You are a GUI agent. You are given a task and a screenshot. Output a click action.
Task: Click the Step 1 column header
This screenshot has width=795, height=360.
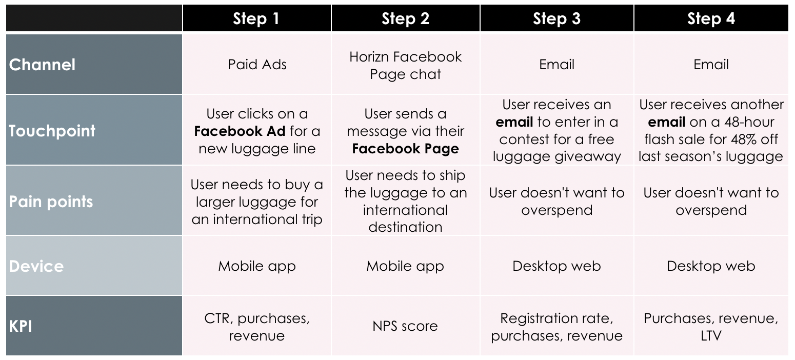point(256,18)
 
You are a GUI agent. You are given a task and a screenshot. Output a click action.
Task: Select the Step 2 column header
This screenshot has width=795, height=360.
point(405,18)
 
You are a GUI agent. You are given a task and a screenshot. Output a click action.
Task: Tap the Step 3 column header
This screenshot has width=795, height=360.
point(556,18)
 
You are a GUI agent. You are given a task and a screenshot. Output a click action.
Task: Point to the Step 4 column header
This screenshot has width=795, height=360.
point(711,18)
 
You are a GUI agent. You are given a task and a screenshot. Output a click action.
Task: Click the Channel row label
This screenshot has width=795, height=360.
point(42,65)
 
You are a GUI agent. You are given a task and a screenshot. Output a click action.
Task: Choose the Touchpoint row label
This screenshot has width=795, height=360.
point(52,131)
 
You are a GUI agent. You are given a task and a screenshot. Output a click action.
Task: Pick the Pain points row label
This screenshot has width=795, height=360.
point(51,202)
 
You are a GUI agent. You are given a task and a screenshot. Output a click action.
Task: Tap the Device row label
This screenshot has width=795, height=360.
point(36,266)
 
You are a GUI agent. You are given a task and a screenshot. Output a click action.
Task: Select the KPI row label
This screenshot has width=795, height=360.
point(21,326)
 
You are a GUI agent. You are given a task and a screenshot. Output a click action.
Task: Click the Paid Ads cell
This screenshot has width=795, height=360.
point(257,65)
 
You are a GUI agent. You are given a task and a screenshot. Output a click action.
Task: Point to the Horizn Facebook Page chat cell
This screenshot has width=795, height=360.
point(405,65)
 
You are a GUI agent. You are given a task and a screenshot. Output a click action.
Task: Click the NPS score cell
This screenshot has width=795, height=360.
point(405,326)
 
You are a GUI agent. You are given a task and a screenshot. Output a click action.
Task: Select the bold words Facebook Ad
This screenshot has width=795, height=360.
point(240,131)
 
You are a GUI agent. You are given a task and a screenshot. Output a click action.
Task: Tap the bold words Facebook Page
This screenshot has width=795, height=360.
point(405,149)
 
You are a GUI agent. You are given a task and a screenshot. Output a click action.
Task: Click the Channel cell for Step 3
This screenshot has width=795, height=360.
point(556,65)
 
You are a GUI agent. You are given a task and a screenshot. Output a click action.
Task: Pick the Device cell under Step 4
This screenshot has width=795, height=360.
point(711,266)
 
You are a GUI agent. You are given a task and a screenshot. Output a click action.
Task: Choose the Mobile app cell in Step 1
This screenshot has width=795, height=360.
point(257,266)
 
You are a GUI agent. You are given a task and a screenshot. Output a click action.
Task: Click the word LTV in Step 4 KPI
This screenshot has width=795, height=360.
point(711,335)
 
